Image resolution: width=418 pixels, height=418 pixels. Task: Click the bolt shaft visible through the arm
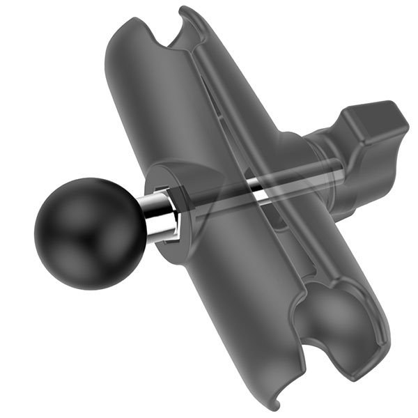tap(230, 187)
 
